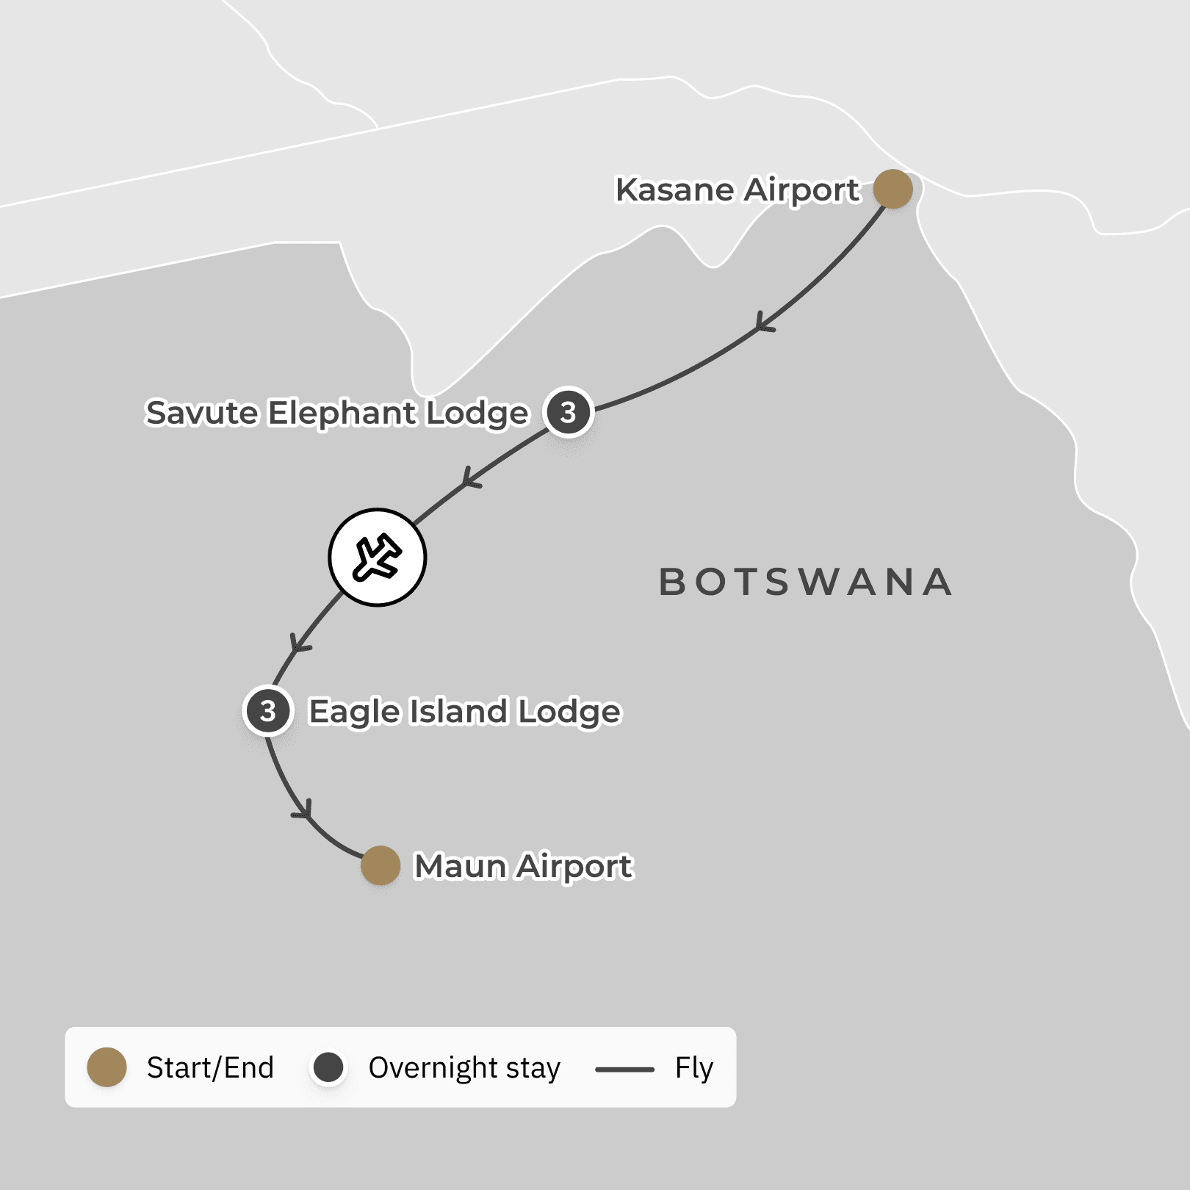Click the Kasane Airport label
pyautogui.click(x=737, y=190)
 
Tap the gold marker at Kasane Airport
pyautogui.click(x=893, y=189)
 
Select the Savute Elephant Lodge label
pyautogui.click(x=336, y=413)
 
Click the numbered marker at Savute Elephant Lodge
pyautogui.click(x=568, y=412)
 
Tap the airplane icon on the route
pyautogui.click(x=377, y=558)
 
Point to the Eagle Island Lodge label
pyautogui.click(x=464, y=712)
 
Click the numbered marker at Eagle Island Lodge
pyautogui.click(x=268, y=711)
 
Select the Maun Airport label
pyautogui.click(x=523, y=866)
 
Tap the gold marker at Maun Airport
pyautogui.click(x=381, y=865)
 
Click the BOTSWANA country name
pyautogui.click(x=805, y=583)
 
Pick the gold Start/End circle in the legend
pyautogui.click(x=107, y=1067)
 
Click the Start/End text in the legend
pyautogui.click(x=210, y=1068)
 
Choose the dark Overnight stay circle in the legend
pyautogui.click(x=328, y=1067)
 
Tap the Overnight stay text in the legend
pyautogui.click(x=464, y=1068)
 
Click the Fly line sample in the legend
pyautogui.click(x=624, y=1070)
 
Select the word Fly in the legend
pyautogui.click(x=694, y=1068)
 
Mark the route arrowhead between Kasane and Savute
pyautogui.click(x=762, y=324)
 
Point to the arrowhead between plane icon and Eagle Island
pyautogui.click(x=298, y=644)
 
